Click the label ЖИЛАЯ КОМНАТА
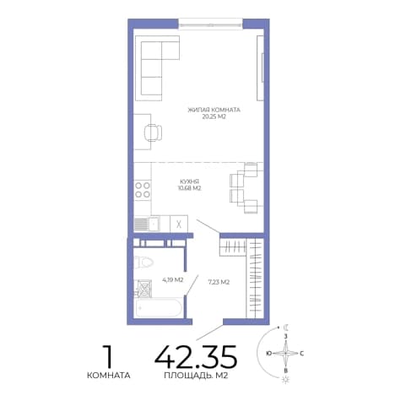[x=214, y=110]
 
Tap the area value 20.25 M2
[x=214, y=116]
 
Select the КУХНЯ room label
[x=190, y=181]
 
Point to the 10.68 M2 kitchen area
[x=189, y=188]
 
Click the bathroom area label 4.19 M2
[x=173, y=280]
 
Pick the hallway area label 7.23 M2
[x=219, y=282]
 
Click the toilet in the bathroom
[x=143, y=262]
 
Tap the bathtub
[x=159, y=308]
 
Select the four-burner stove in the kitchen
[x=143, y=190]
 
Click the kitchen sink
[x=147, y=224]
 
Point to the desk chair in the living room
[x=153, y=133]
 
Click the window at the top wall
[x=210, y=24]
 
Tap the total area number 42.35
[x=196, y=357]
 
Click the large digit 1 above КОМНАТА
[x=108, y=357]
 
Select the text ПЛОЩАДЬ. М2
[x=196, y=376]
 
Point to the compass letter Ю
[x=269, y=354]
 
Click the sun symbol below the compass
[x=286, y=379]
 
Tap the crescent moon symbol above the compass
[x=286, y=327]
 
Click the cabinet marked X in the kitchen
[x=179, y=224]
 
